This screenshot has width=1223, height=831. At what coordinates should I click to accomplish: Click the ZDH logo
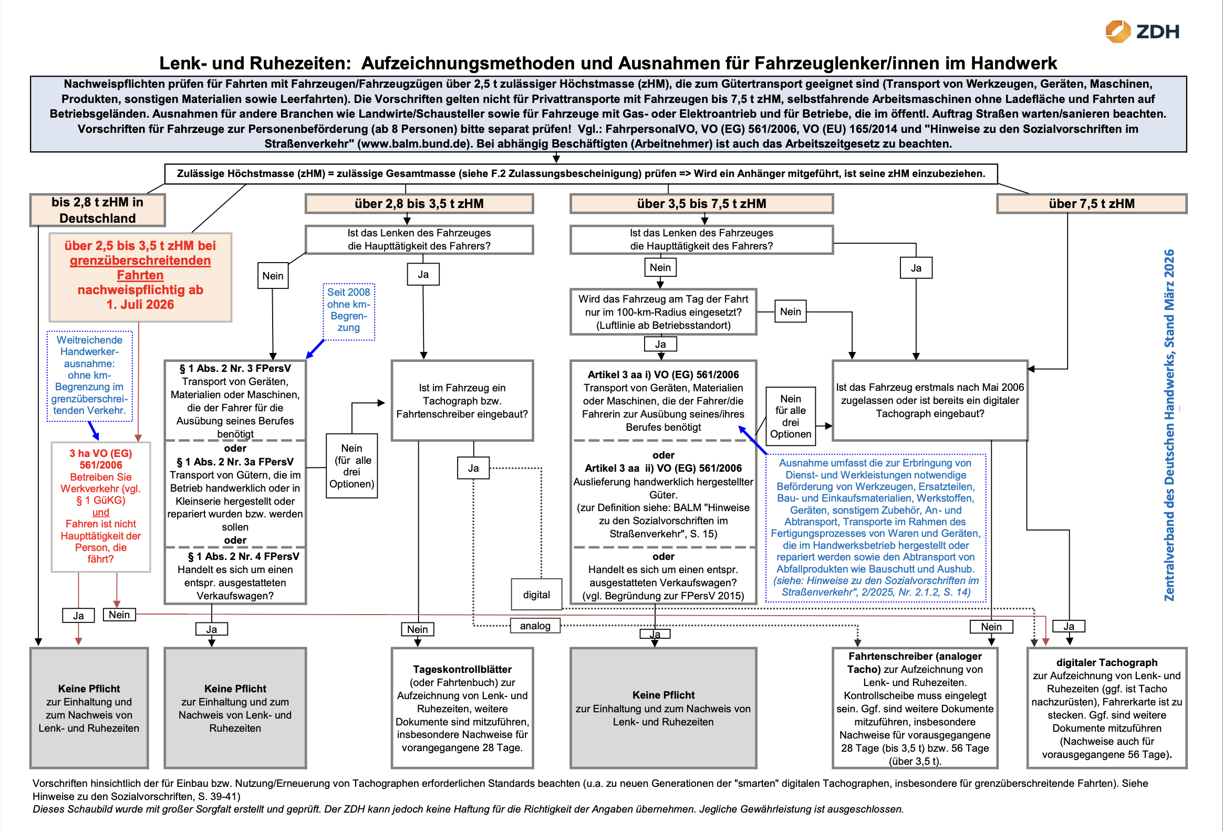[1142, 32]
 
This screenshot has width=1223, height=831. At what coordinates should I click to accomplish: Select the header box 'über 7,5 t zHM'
[1092, 204]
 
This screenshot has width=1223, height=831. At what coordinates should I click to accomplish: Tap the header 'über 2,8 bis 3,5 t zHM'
[419, 204]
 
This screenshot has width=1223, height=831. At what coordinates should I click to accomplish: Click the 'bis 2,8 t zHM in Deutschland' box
[97, 210]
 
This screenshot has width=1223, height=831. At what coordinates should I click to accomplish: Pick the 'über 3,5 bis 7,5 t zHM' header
[701, 204]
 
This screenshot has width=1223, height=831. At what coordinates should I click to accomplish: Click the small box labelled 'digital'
[536, 595]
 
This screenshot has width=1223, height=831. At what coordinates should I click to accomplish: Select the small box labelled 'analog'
[535, 626]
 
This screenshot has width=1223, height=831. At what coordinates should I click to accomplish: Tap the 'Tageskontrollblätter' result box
[462, 708]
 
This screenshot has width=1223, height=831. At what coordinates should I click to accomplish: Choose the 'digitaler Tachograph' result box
[1107, 708]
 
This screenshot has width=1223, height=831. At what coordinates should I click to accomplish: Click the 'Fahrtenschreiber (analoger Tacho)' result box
[915, 708]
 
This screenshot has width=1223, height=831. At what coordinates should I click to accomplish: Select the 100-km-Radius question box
[663, 311]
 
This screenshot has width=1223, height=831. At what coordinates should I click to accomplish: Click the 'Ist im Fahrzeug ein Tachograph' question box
[462, 400]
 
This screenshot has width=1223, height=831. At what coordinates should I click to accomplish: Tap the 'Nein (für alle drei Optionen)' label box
[351, 466]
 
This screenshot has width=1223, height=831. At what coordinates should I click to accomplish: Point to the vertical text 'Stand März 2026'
[1169, 298]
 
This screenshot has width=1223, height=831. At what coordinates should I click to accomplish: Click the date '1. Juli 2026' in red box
[140, 304]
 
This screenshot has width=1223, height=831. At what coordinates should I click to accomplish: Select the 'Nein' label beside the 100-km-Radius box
[791, 311]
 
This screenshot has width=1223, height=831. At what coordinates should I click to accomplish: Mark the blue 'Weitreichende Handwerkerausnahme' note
[89, 375]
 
